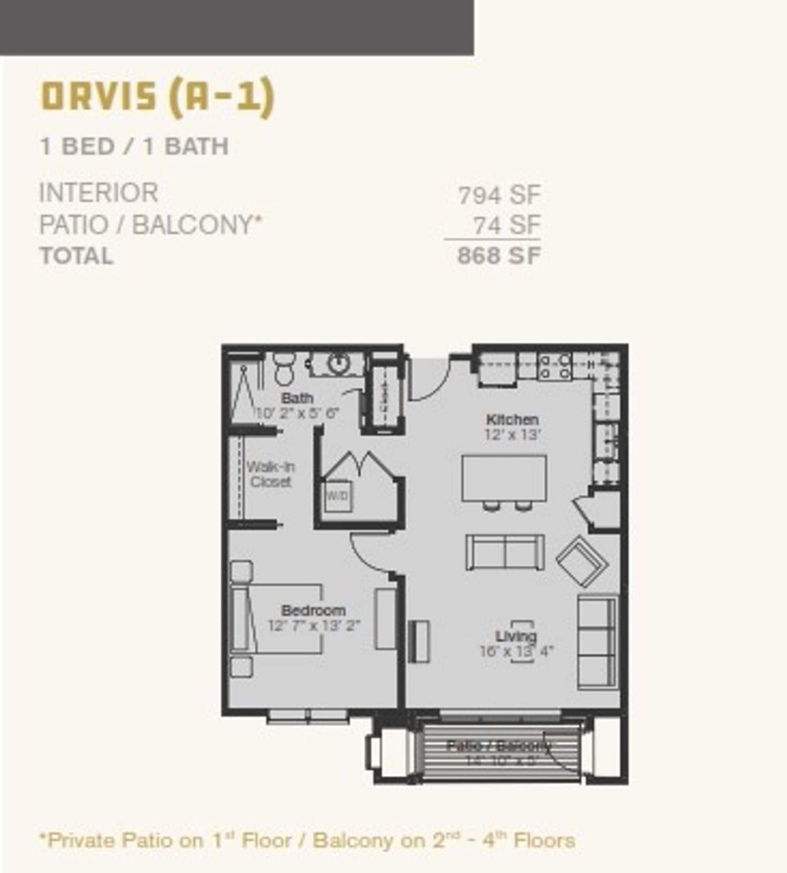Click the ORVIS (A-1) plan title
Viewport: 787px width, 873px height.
coord(158,97)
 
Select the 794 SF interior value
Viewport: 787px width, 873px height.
coord(499,196)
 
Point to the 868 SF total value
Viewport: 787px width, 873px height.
coord(499,256)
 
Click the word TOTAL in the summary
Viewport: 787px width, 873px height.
coord(76,256)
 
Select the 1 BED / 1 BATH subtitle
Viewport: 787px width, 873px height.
coord(134,146)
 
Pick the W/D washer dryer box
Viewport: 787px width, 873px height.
coord(337,495)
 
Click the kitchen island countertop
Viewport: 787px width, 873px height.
coord(504,477)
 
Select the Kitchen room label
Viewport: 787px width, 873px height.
coord(512,419)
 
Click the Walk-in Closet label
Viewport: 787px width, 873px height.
coord(270,474)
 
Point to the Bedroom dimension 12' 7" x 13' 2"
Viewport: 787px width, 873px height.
coord(314,626)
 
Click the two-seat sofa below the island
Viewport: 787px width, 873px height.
coord(505,552)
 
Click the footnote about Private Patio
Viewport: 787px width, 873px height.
coord(307,840)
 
